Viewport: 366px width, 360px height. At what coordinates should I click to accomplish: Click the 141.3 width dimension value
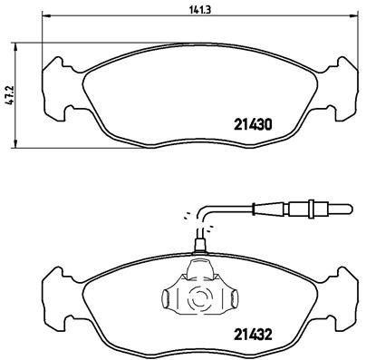200,9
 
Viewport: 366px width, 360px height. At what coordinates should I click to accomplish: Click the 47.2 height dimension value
11,94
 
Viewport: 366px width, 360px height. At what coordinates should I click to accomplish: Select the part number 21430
253,124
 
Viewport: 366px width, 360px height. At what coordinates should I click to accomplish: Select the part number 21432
253,335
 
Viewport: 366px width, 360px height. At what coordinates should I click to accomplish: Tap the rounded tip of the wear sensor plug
350,209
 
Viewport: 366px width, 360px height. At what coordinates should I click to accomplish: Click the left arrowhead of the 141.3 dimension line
44,15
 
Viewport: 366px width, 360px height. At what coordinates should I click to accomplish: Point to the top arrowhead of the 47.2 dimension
15,46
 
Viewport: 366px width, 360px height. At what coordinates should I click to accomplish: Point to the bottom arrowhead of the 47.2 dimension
15,144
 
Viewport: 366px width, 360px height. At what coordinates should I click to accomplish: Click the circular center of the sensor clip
197,297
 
